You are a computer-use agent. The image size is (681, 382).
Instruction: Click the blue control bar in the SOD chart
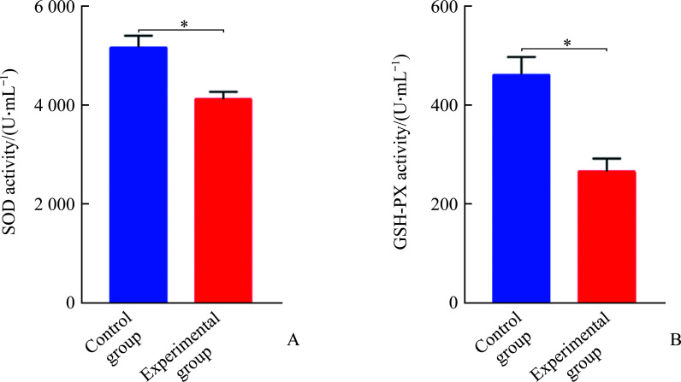[138, 174]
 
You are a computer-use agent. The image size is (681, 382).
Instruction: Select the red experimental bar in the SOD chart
[223, 200]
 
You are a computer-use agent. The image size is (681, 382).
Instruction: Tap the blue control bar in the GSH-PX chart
[521, 188]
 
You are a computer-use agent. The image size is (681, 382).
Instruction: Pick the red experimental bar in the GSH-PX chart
[607, 237]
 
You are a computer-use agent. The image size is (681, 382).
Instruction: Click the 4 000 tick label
[51, 105]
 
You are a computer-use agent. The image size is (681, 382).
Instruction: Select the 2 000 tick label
[51, 203]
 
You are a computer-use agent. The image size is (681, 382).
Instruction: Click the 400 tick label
[446, 105]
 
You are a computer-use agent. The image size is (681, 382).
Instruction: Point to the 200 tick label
[446, 203]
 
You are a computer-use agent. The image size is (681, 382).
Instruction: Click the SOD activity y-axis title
[9, 152]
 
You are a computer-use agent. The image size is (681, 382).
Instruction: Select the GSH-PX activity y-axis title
[401, 152]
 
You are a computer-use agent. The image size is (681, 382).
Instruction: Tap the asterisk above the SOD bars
[184, 24]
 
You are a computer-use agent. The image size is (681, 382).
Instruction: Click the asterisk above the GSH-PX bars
[567, 43]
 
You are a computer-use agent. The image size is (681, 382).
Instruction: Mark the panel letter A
[293, 341]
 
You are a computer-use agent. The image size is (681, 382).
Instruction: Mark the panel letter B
[675, 341]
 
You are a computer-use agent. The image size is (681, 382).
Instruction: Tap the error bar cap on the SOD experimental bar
[223, 92]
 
